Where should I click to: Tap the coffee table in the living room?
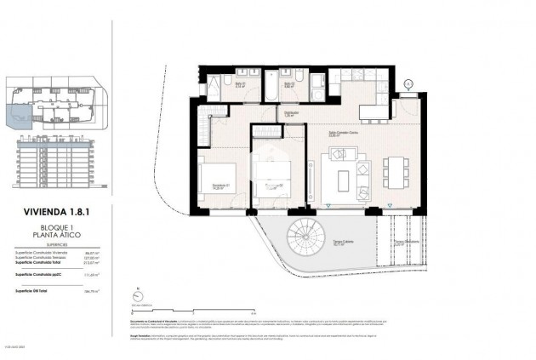click(x=343, y=180)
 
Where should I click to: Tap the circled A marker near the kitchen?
click(x=408, y=83)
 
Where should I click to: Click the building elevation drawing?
click(x=56, y=163)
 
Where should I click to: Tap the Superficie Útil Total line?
click(x=56, y=290)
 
